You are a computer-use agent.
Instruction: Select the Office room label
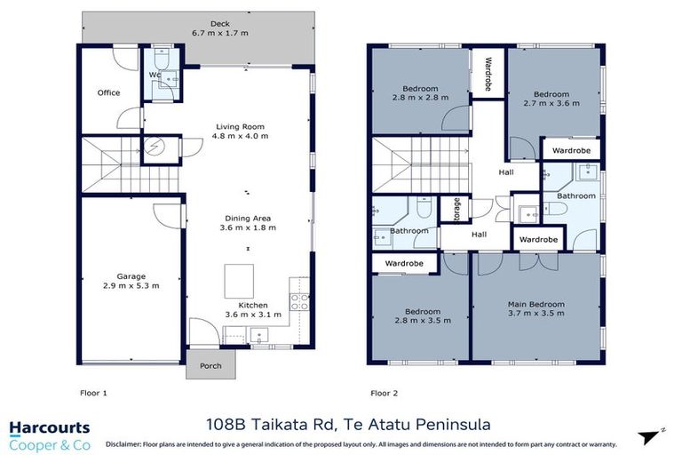click(x=108, y=92)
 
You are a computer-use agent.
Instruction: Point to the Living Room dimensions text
click(x=242, y=137)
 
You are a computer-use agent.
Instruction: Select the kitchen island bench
click(x=238, y=282)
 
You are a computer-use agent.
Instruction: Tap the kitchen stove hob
click(x=298, y=301)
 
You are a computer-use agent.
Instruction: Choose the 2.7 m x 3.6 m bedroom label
click(x=556, y=98)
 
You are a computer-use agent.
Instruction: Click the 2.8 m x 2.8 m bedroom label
click(x=419, y=93)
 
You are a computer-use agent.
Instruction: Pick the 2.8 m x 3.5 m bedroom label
click(x=421, y=317)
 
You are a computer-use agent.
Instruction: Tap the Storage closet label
click(x=456, y=209)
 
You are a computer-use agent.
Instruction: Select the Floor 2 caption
click(x=385, y=390)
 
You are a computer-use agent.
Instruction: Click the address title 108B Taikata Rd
click(x=341, y=425)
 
